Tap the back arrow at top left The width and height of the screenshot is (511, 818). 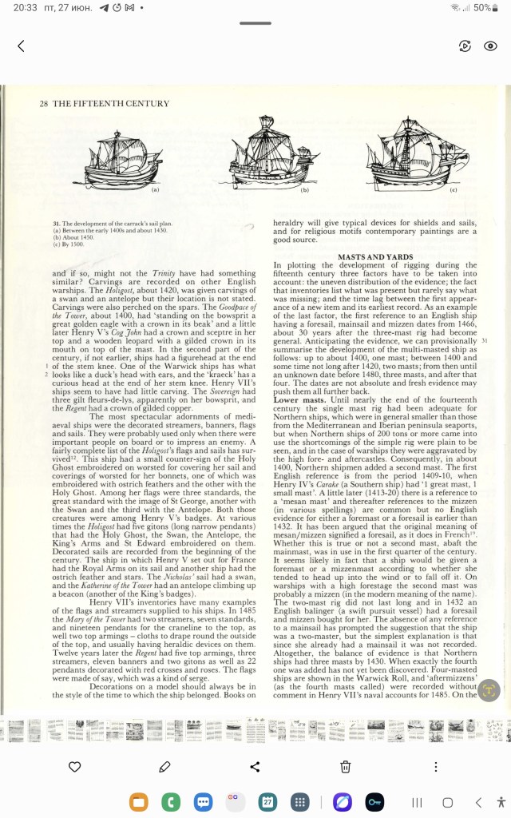coord(21,46)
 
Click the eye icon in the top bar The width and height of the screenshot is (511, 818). coord(491,46)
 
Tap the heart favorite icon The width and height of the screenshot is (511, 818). coord(74,767)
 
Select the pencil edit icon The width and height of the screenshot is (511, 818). coord(164,767)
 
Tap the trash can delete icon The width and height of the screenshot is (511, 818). coord(346,767)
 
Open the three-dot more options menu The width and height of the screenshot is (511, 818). coord(435,767)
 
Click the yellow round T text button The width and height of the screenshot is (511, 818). coord(489,691)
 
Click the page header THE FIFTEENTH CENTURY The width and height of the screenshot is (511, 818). coord(111,104)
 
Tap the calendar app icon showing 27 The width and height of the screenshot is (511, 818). coord(267,801)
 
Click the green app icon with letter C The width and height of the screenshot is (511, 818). coord(169,801)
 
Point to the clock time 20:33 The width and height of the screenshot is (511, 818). coord(26,7)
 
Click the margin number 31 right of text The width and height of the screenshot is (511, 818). coord(485,340)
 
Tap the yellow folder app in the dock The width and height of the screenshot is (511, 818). coord(138,801)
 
